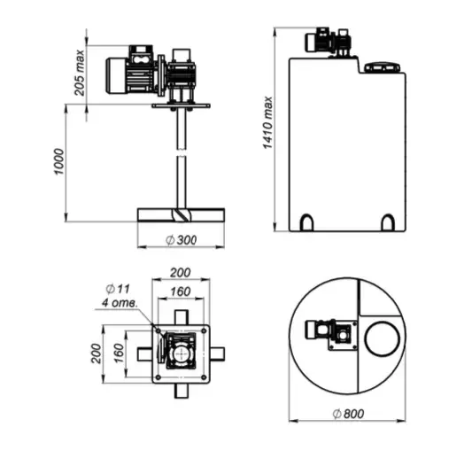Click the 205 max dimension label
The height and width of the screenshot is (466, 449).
pos(80,73)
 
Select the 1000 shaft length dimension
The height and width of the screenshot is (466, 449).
pos(58,161)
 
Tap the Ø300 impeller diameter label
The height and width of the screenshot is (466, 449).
pos(182,240)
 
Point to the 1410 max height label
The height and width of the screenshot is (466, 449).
pos(267,122)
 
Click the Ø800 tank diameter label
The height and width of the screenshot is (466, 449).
pos(348,414)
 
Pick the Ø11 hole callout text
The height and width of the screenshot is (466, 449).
pos(118,289)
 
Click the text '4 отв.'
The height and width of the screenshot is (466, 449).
pos(120,303)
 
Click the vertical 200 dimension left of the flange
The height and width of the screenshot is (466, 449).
pos(96,353)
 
